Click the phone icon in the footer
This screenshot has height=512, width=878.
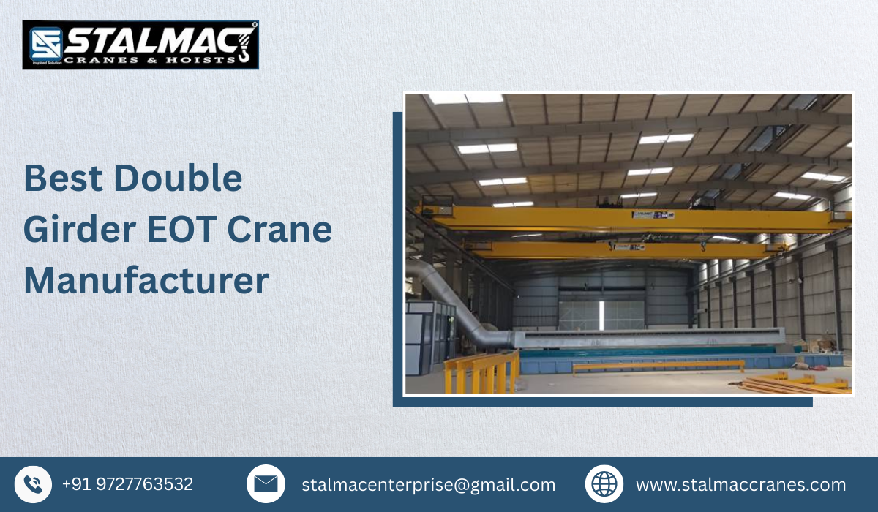tap(33, 484)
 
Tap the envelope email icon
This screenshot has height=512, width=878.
tap(266, 484)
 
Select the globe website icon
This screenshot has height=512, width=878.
tap(604, 484)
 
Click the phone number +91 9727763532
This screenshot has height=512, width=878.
tap(127, 484)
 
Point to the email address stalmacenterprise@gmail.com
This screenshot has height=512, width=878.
tap(428, 485)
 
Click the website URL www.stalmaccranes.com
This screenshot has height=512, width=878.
tap(740, 485)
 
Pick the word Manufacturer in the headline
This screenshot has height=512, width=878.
tap(146, 282)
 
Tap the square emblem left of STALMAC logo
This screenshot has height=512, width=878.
tap(43, 44)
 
